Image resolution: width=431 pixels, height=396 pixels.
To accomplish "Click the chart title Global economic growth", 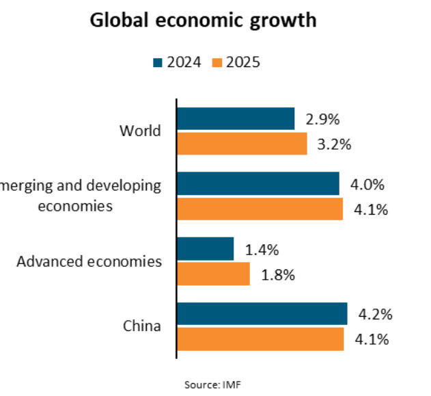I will (204, 21).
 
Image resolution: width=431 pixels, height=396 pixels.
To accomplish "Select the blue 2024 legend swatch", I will (157, 63).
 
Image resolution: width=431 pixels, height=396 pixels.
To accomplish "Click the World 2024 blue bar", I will (236, 119).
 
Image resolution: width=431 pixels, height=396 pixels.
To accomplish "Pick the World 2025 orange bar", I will (242, 144).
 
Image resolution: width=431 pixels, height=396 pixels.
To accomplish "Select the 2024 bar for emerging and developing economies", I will (258, 184).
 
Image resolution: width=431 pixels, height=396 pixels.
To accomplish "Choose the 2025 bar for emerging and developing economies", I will (260, 209).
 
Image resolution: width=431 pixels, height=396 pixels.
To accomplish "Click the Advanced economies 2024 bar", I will (206, 249).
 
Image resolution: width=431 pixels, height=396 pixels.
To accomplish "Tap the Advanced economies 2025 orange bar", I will (214, 274).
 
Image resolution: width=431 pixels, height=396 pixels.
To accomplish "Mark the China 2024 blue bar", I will (262, 314).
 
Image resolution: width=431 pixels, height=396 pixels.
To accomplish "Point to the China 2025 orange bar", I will (260, 339).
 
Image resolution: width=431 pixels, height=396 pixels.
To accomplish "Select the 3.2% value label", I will (335, 144).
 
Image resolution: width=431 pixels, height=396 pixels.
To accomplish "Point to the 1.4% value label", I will (262, 250).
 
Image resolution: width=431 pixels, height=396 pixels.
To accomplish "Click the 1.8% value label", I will (277, 275).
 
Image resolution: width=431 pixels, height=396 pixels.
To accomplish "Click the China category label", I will (142, 326).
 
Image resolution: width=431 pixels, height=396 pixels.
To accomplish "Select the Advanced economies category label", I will (89, 261).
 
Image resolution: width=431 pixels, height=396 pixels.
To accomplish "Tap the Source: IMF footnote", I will (212, 384).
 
